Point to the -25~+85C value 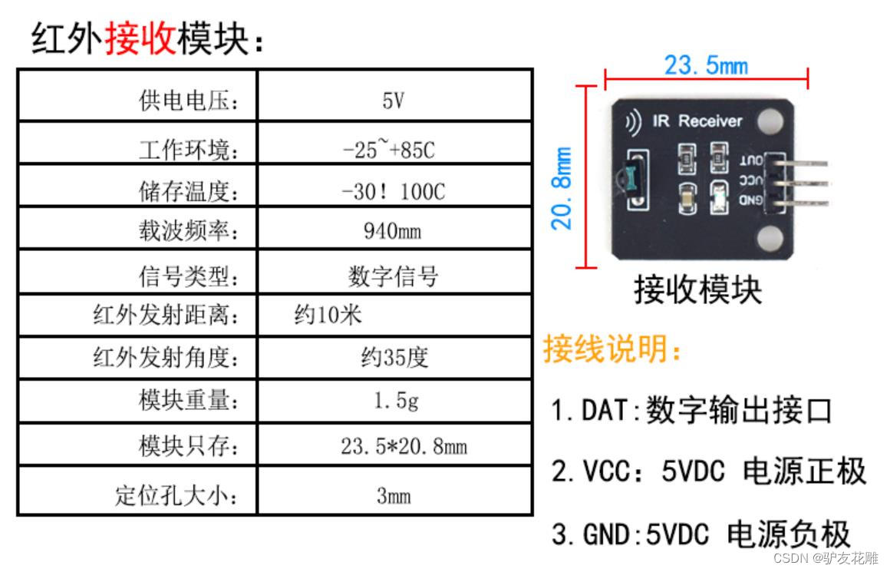(x=388, y=149)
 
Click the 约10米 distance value (x=328, y=315)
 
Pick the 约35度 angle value (x=394, y=357)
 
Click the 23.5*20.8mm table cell (x=404, y=445)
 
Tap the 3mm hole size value (x=394, y=495)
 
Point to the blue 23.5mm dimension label (x=705, y=65)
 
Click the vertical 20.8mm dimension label (x=564, y=188)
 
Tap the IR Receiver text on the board (x=697, y=121)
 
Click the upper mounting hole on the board (x=770, y=119)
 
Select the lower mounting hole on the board (x=770, y=239)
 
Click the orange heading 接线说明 (x=611, y=350)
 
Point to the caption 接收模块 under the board (x=697, y=290)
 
